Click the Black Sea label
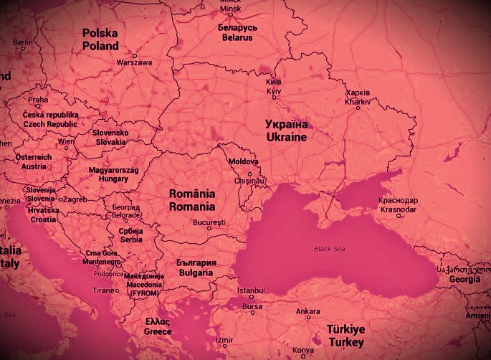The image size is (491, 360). point(330,249)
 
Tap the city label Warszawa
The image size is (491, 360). point(134,62)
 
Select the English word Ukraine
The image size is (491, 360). point(286,136)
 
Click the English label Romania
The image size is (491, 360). point(191,207)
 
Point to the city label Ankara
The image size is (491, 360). point(308,311)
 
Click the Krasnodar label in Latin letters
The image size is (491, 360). point(399,209)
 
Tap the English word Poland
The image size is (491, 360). point(100,46)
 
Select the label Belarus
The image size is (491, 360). point(237,39)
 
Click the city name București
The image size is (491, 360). point(209,222)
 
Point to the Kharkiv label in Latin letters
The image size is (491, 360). point(358,102)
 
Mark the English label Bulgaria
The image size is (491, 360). point(195,273)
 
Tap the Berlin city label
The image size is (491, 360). point(23,43)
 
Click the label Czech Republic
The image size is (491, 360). point(49,124)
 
